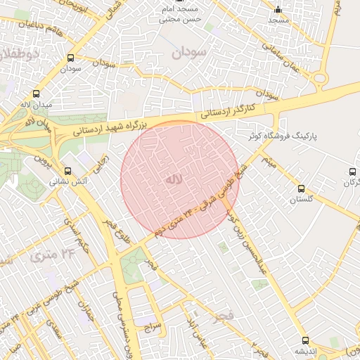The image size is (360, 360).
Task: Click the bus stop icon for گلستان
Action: click(x=302, y=189)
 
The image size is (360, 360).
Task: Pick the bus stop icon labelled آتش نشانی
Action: click(x=67, y=171)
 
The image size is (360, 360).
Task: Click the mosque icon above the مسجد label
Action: click(x=278, y=11)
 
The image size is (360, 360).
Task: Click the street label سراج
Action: click(x=153, y=326)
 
